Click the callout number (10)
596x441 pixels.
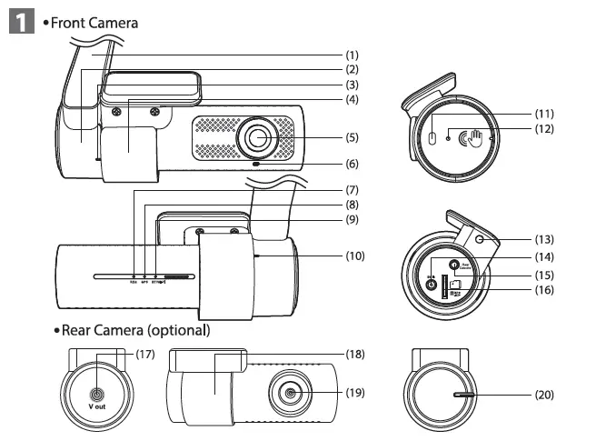(x=355, y=256)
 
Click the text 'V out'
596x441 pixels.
(x=96, y=406)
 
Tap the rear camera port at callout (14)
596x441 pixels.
(x=455, y=266)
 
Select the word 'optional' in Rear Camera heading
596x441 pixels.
(x=178, y=328)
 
